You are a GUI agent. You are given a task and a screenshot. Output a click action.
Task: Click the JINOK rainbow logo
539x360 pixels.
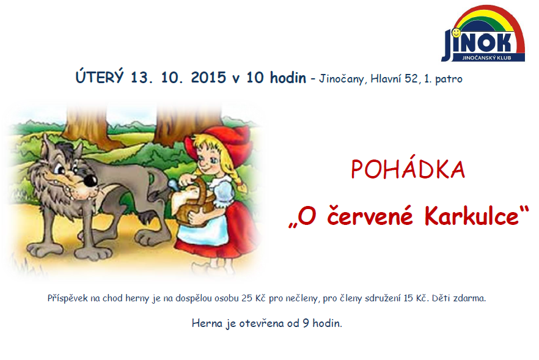coord(483,34)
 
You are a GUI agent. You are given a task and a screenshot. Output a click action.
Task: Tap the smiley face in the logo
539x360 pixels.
coord(456,32)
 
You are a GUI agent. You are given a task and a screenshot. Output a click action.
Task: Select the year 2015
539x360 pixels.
coord(208,78)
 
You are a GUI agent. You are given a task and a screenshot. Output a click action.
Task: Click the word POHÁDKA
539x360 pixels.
coord(408,169)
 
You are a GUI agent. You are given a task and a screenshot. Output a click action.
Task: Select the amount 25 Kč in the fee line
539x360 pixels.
coord(252,298)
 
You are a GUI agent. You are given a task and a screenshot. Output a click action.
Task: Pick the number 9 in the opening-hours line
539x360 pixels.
coord(306,323)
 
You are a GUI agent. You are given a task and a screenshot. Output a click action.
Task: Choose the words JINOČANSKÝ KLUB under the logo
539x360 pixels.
coord(486,58)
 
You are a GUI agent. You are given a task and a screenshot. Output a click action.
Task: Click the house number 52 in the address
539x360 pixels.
coord(411,79)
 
